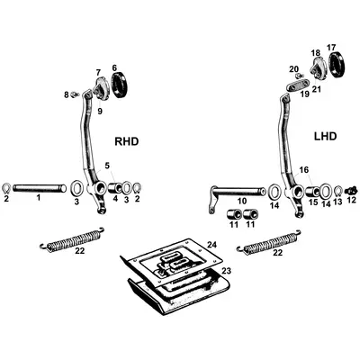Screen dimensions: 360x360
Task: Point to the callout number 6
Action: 114,67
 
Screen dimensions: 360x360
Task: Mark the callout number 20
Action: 294,68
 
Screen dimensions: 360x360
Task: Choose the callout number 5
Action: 107,165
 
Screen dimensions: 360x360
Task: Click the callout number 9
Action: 100,111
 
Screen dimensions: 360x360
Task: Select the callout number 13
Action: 337,203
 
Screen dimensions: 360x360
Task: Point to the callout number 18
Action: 315,53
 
